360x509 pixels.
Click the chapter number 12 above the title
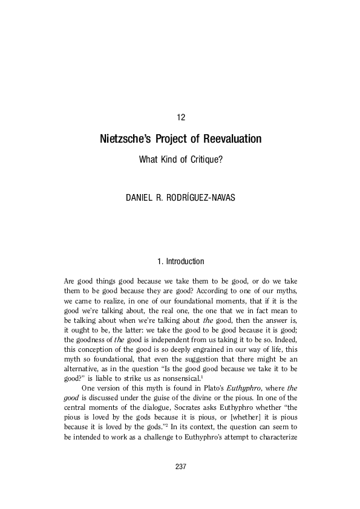pos(180,117)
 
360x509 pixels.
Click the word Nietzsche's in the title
pos(125,139)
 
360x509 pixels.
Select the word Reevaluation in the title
pos(232,139)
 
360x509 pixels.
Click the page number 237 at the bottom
pos(180,467)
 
